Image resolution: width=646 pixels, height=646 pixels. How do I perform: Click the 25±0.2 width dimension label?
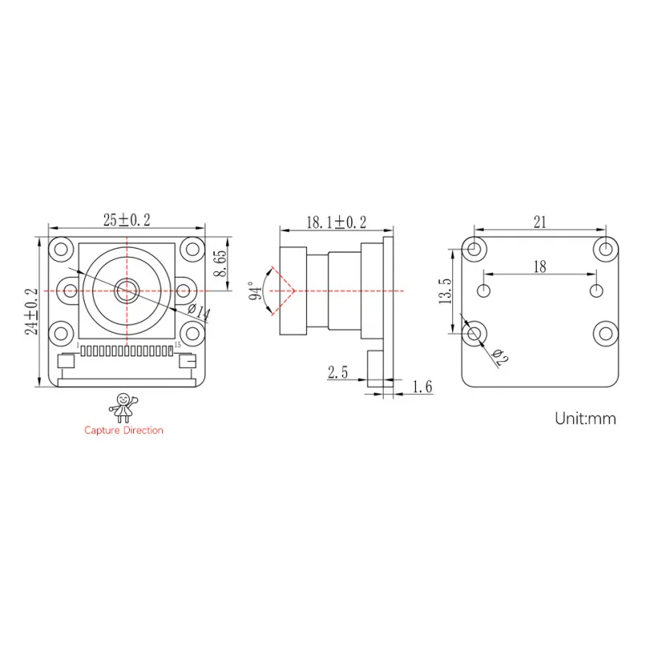[x=127, y=220]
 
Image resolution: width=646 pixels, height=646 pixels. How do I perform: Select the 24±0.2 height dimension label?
[x=31, y=312]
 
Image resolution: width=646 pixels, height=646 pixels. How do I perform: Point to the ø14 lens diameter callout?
[x=198, y=313]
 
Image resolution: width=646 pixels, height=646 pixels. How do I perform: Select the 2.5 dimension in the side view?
[x=337, y=372]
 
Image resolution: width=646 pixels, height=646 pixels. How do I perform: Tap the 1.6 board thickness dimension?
[x=422, y=388]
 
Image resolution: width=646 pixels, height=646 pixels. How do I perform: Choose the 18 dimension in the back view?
[x=539, y=266]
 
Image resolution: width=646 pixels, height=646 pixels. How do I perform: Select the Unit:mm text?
[x=585, y=418]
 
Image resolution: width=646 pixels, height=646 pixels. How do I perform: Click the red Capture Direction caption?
[x=124, y=430]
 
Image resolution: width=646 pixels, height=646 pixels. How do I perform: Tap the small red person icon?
[x=124, y=406]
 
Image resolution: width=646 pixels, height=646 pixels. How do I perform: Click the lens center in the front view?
[x=126, y=290]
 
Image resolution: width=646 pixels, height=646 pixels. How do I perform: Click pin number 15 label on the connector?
[x=178, y=345]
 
